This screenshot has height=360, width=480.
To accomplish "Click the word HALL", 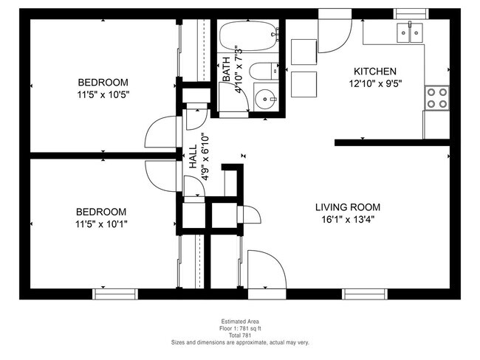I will coord(193,156).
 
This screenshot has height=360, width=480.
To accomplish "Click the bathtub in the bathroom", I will coord(248,34).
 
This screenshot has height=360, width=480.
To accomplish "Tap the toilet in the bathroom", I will coord(263,72).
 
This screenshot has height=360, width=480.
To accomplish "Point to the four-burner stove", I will coord(436,97).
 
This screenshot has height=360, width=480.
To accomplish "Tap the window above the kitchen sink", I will coord(411,13).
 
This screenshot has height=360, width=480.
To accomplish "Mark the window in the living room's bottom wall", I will coord(365,294).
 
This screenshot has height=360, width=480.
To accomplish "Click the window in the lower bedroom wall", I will coord(115,294).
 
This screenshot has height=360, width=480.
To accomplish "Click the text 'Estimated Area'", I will coord(240,322).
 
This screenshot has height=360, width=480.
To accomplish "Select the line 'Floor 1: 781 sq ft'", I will coord(240,329).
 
